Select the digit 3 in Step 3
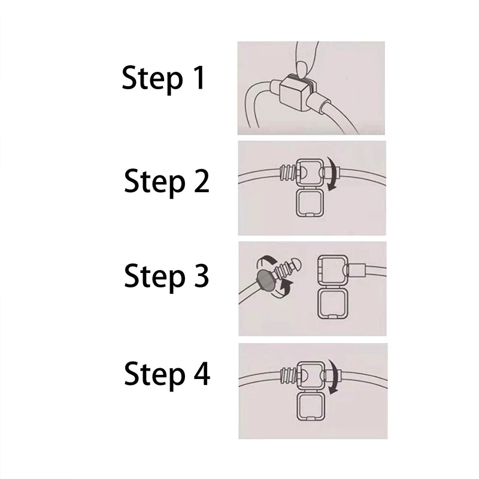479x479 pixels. pos(201,275)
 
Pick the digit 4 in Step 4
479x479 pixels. pos(202,373)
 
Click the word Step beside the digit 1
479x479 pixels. pos(153,80)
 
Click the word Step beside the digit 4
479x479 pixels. pos(155,375)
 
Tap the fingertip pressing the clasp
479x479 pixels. pos(302,69)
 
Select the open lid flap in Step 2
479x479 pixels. pos(310,202)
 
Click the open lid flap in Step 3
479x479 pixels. pos(332,304)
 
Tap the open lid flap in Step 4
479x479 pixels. pos(310,407)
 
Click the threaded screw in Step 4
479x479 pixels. pos(288,375)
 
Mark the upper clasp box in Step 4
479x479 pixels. pos(311,376)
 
